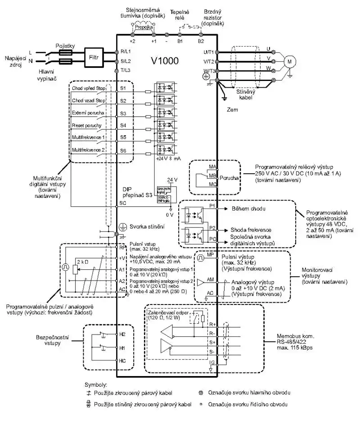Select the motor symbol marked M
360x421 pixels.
tap(290, 60)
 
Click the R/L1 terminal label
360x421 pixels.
tap(125, 52)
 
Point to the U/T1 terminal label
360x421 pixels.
tap(208, 52)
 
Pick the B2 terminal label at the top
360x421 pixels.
tap(201, 40)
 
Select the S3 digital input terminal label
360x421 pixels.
tap(123, 113)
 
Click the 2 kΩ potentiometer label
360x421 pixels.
tap(83, 261)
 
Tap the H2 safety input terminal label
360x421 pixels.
tap(122, 335)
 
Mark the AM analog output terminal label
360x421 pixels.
tap(210, 279)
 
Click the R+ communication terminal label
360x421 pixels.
tap(212, 324)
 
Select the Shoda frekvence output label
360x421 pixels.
tap(251, 229)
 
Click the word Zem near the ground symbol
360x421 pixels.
tap(232, 109)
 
